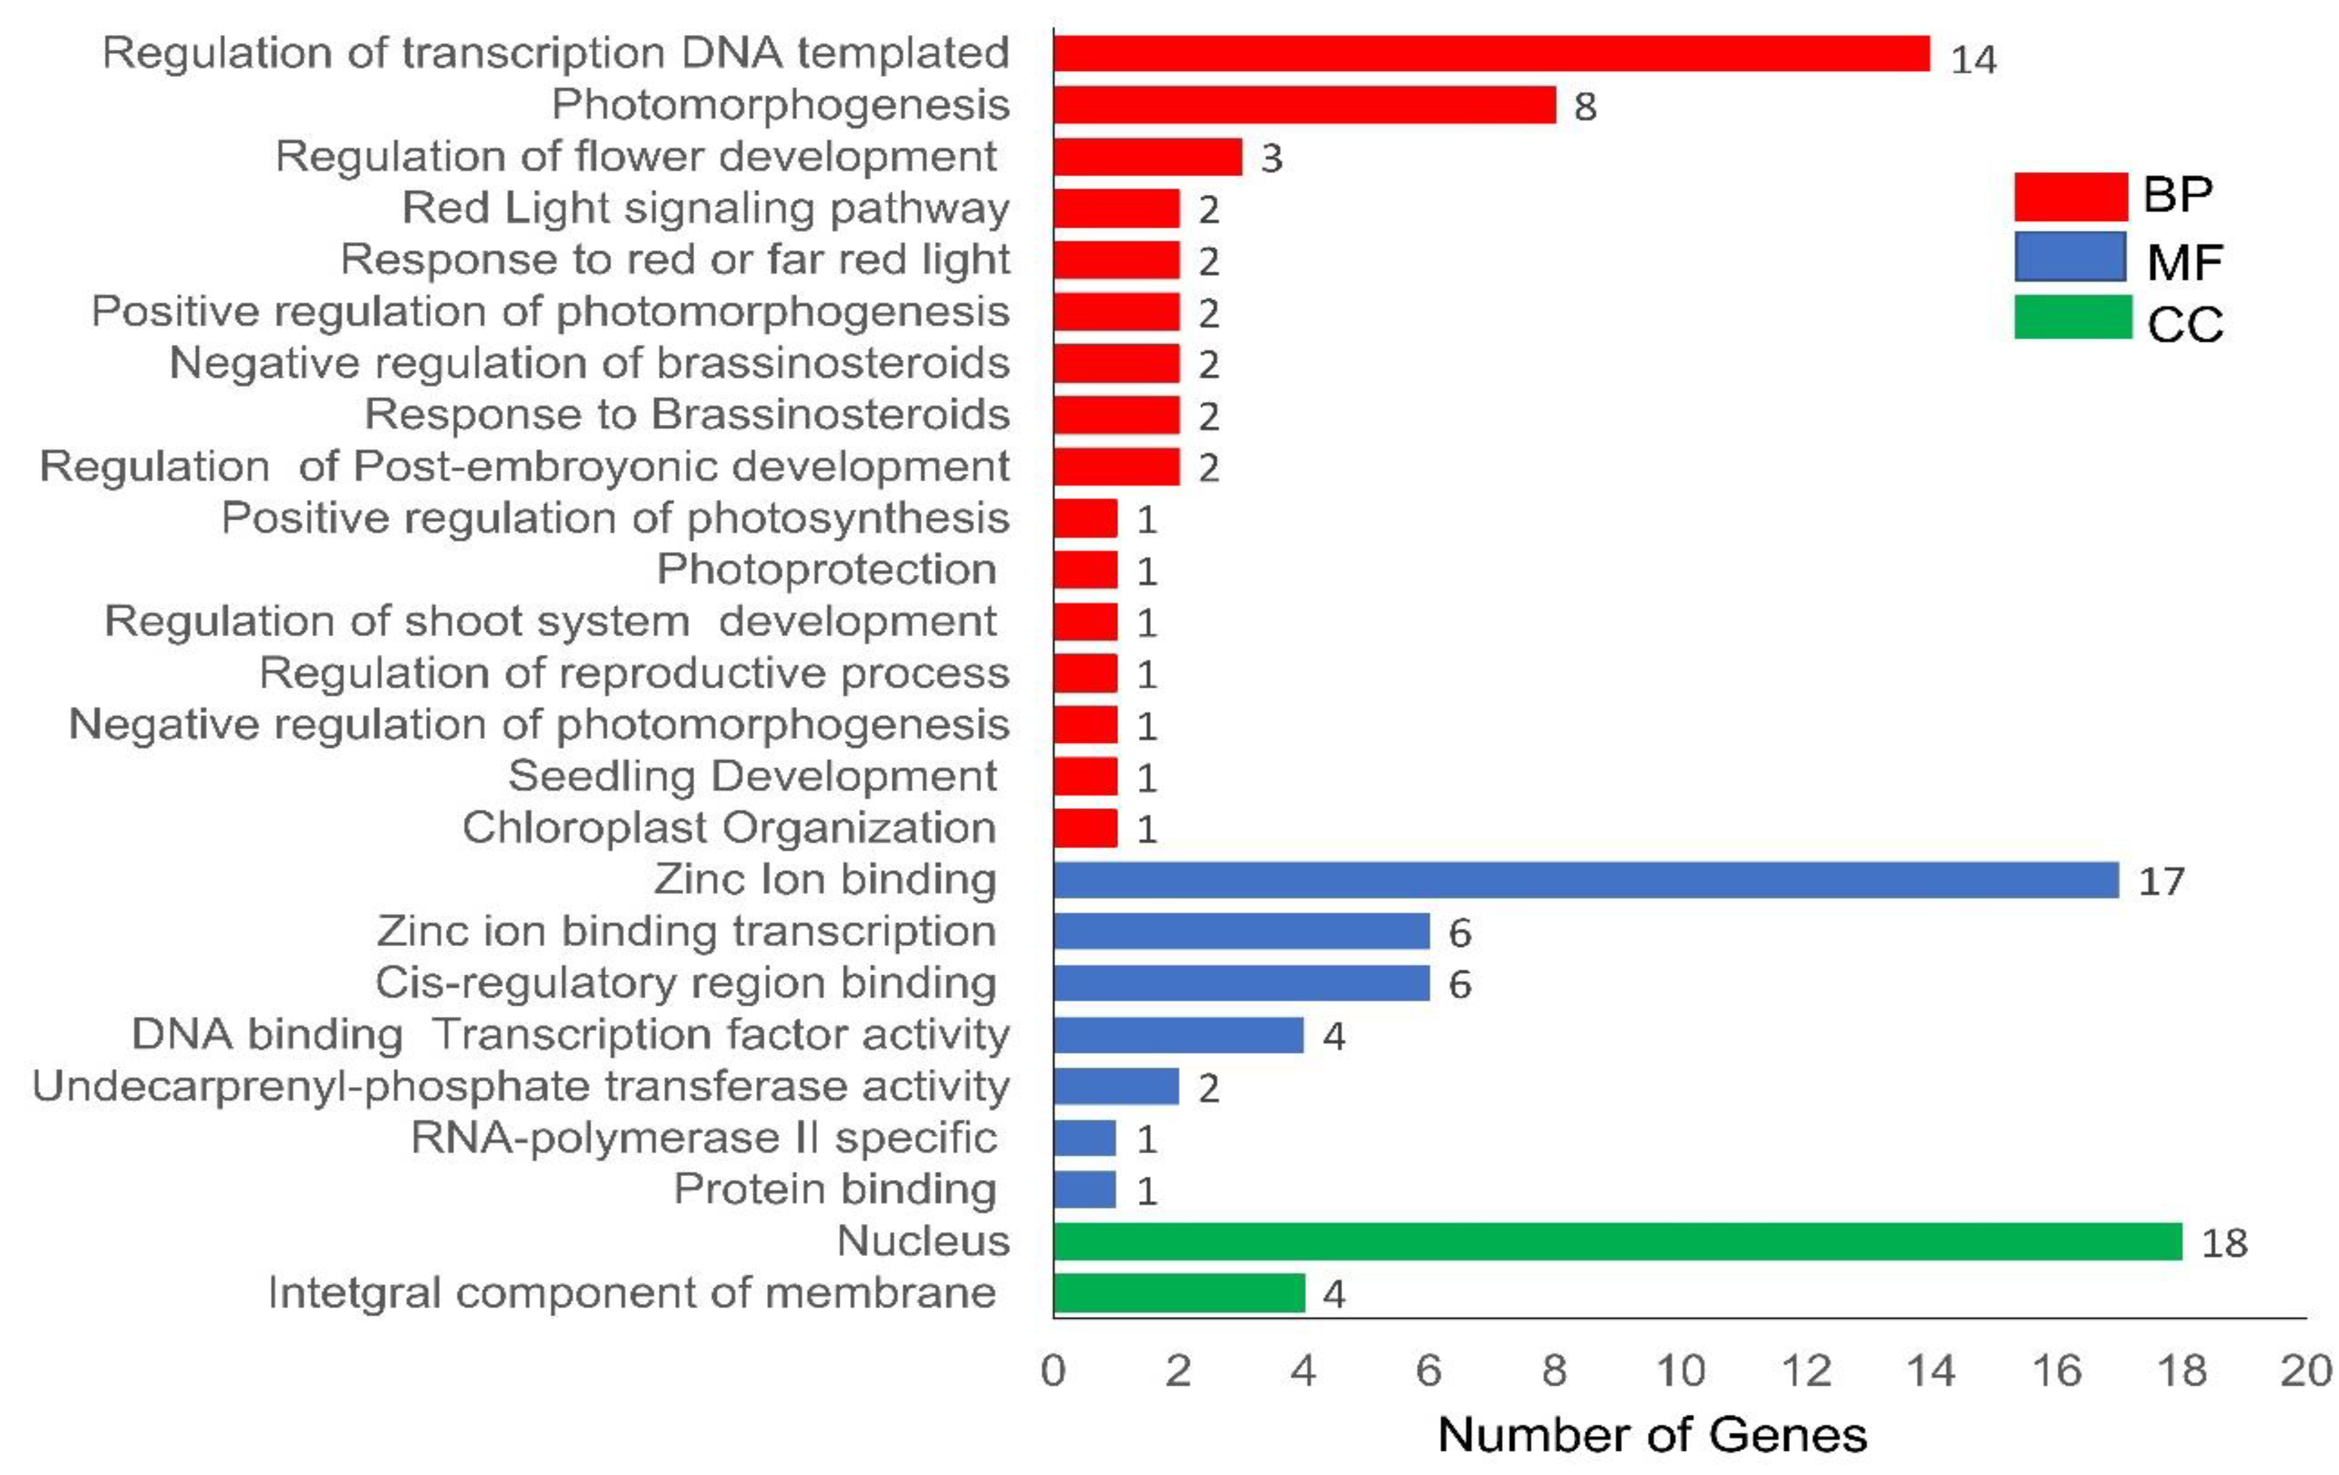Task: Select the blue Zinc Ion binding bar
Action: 1585,880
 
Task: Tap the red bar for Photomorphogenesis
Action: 1304,104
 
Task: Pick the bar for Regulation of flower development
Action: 1147,157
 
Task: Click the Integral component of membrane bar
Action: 1178,1292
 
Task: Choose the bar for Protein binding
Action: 1084,1189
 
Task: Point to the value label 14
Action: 1973,60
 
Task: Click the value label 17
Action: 2161,882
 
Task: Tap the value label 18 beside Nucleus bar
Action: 2225,1242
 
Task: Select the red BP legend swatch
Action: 2070,196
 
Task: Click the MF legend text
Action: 2184,261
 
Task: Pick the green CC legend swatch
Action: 2072,317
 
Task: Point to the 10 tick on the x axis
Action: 1679,1371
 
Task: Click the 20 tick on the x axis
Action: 2305,1371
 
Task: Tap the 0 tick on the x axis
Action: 1053,1371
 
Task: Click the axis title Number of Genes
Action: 1651,1434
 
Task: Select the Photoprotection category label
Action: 827,569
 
